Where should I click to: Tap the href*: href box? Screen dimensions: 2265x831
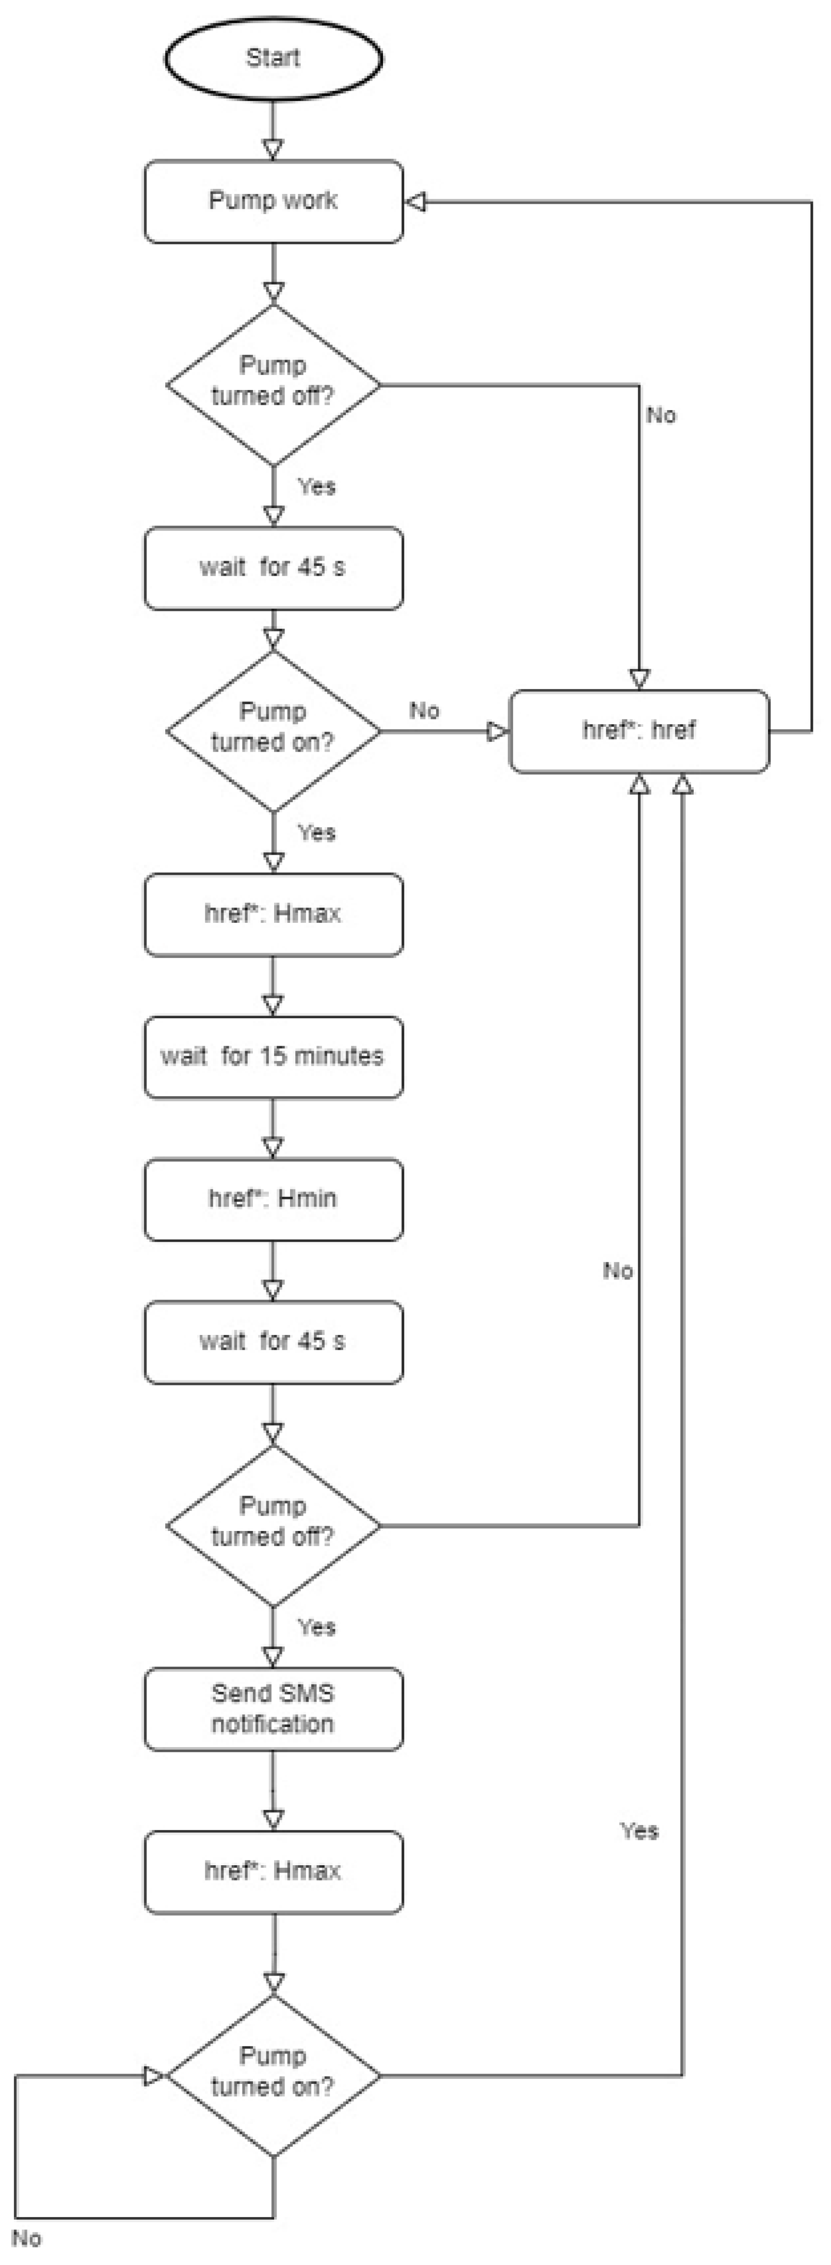(640, 731)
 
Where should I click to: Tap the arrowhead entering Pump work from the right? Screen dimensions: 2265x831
(415, 202)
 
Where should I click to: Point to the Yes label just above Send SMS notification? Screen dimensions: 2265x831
(316, 1627)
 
